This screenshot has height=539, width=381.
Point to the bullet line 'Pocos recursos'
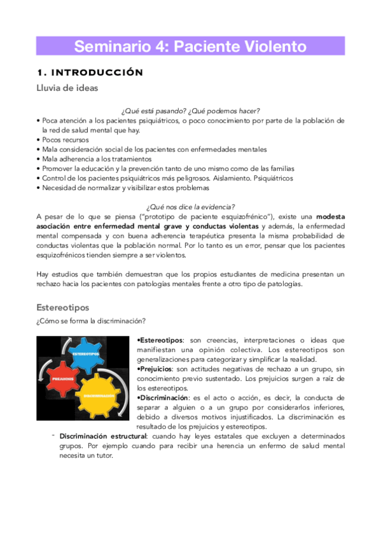point(66,140)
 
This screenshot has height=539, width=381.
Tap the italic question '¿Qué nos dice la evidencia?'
point(190,207)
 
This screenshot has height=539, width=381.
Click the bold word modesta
point(329,217)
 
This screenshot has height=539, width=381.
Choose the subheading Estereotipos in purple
point(63,307)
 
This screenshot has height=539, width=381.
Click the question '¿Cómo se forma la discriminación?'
point(91,320)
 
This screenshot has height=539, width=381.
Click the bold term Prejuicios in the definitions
point(156,369)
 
